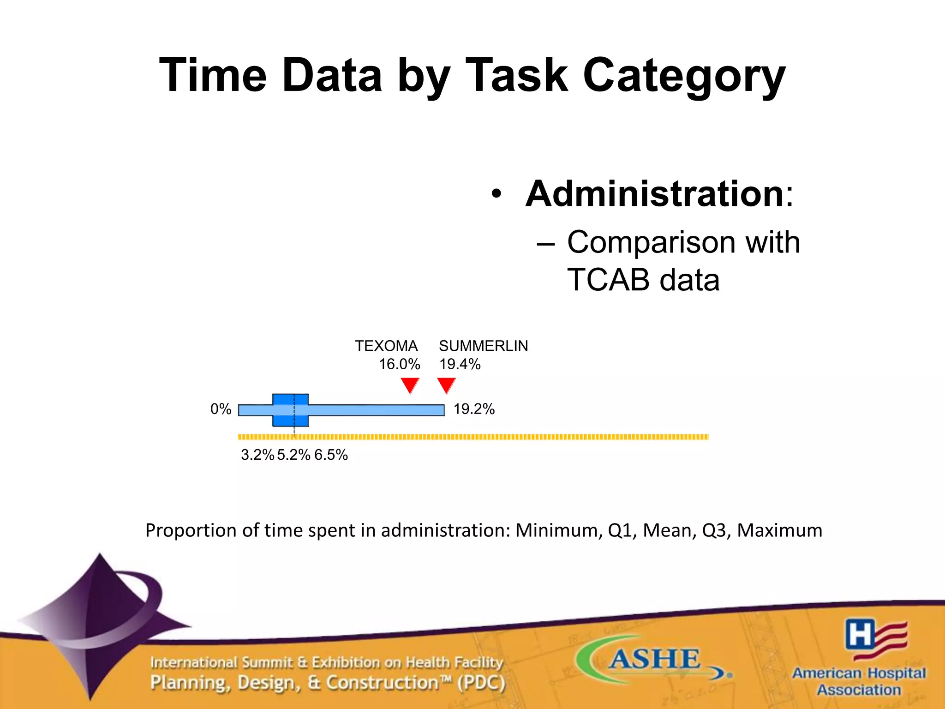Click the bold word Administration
655,194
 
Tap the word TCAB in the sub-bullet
609,280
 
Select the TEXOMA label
386,346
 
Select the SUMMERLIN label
483,346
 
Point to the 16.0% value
399,365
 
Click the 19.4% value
460,365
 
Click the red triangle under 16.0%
410,385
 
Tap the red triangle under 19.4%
446,385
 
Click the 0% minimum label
221,409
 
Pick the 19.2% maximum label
474,409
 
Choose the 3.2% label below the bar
257,455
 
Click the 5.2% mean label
293,455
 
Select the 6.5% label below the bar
331,455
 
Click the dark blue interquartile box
290,410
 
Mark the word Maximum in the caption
779,530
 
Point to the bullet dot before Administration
496,194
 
